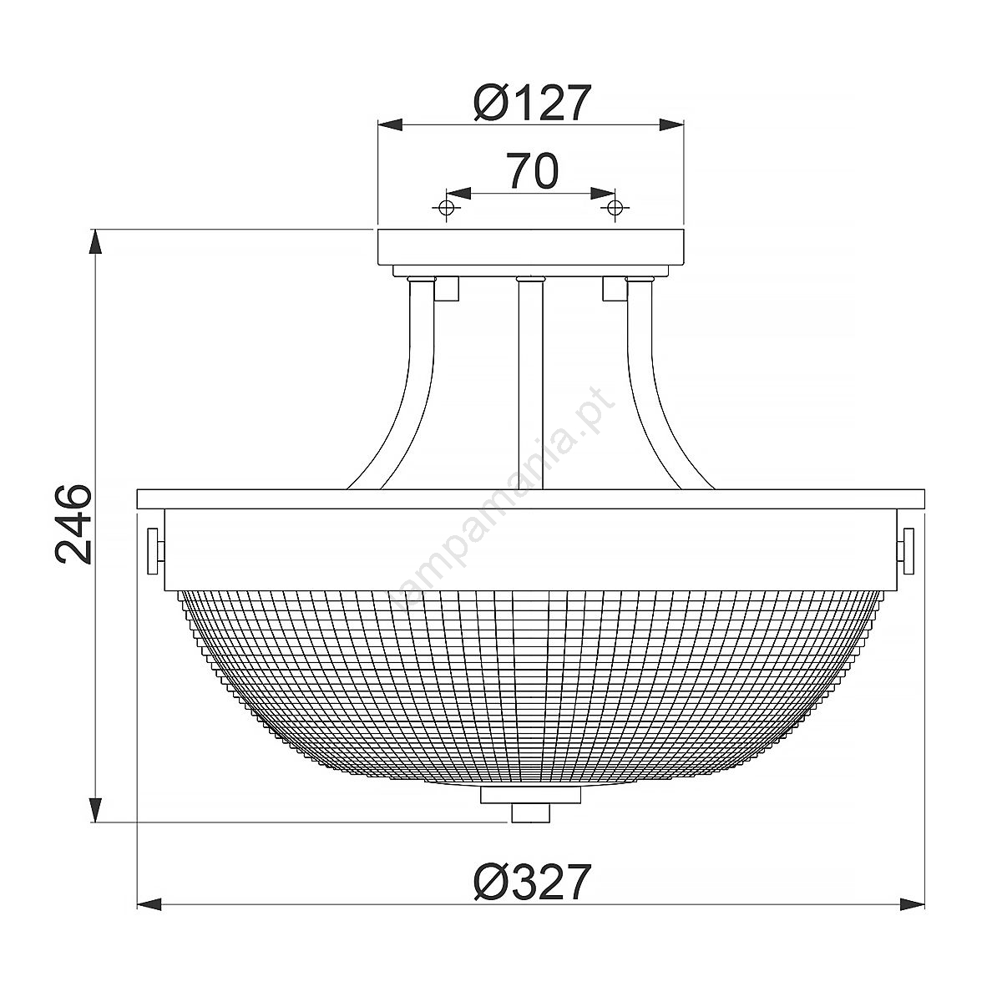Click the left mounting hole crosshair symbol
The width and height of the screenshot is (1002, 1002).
446,207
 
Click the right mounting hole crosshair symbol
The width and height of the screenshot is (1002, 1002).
615,207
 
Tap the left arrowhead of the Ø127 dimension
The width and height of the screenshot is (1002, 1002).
391,124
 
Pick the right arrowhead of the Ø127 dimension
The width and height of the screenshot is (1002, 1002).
671,124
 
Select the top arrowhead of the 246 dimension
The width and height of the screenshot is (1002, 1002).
94,242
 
